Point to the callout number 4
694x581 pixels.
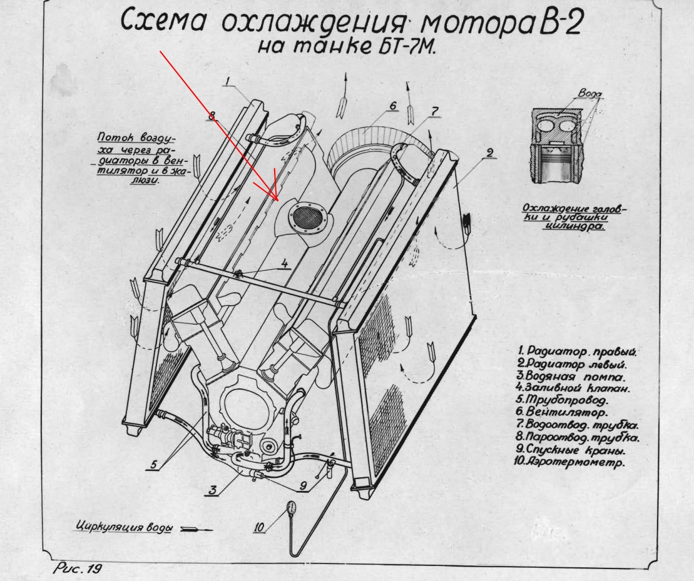[x=285, y=264]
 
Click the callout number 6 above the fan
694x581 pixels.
[x=393, y=106]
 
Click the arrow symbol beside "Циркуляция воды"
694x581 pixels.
[x=196, y=529]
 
